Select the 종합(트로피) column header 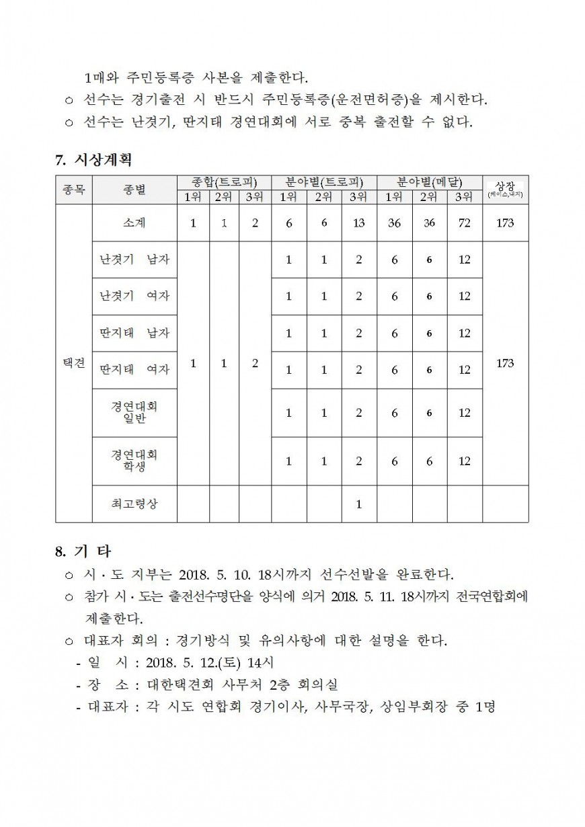(x=224, y=182)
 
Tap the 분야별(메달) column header (x=429, y=182)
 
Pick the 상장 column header (x=505, y=186)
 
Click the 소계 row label (x=134, y=223)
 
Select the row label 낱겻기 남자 (x=134, y=260)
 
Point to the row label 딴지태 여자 (x=134, y=370)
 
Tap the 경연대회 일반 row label (x=134, y=413)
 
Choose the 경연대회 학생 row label (x=134, y=461)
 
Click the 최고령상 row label (x=134, y=504)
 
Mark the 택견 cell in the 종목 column (x=74, y=363)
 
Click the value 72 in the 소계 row (x=465, y=223)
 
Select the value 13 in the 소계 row (x=358, y=223)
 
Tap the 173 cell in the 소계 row (x=505, y=223)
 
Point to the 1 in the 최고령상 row (x=358, y=504)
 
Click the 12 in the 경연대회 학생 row (x=465, y=461)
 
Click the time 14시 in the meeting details (x=260, y=662)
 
